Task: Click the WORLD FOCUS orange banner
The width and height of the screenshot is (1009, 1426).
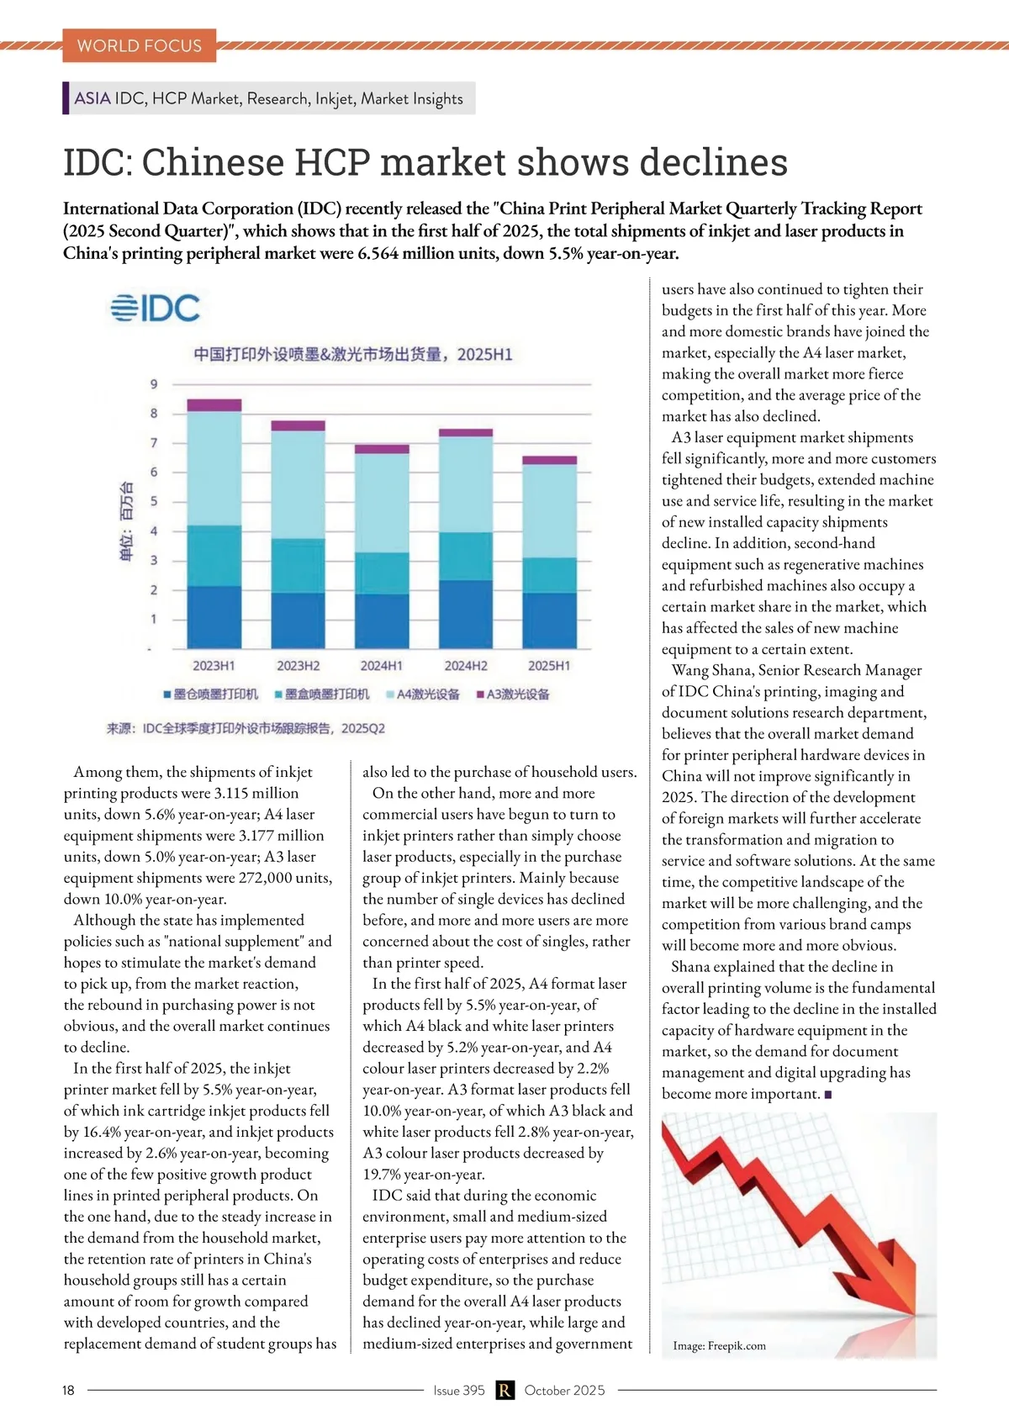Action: click(139, 45)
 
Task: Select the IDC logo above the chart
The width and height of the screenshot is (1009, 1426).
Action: click(156, 309)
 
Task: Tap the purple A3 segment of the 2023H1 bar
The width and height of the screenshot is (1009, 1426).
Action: click(214, 405)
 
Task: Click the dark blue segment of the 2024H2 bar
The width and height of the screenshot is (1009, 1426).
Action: click(466, 614)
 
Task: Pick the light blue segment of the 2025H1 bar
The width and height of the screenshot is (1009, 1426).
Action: click(550, 510)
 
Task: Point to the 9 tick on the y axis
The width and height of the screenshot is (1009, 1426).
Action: click(154, 384)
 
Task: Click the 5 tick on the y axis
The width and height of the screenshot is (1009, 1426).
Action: click(154, 502)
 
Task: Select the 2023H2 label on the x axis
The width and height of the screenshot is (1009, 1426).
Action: click(298, 666)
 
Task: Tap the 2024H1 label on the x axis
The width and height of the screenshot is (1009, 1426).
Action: click(382, 666)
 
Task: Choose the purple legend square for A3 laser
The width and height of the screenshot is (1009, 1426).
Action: click(480, 695)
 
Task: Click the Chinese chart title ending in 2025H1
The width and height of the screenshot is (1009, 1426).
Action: click(353, 354)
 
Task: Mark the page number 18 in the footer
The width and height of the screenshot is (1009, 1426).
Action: click(68, 1391)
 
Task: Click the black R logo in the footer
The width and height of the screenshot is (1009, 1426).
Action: click(504, 1391)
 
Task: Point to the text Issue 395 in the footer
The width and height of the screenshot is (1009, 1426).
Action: click(459, 1391)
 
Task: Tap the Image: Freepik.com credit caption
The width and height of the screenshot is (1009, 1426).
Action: click(719, 1345)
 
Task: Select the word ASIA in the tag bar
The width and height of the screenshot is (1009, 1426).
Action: click(92, 98)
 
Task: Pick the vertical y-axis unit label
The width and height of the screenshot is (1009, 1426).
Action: click(127, 521)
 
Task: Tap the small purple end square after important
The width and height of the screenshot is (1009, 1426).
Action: click(828, 1095)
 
